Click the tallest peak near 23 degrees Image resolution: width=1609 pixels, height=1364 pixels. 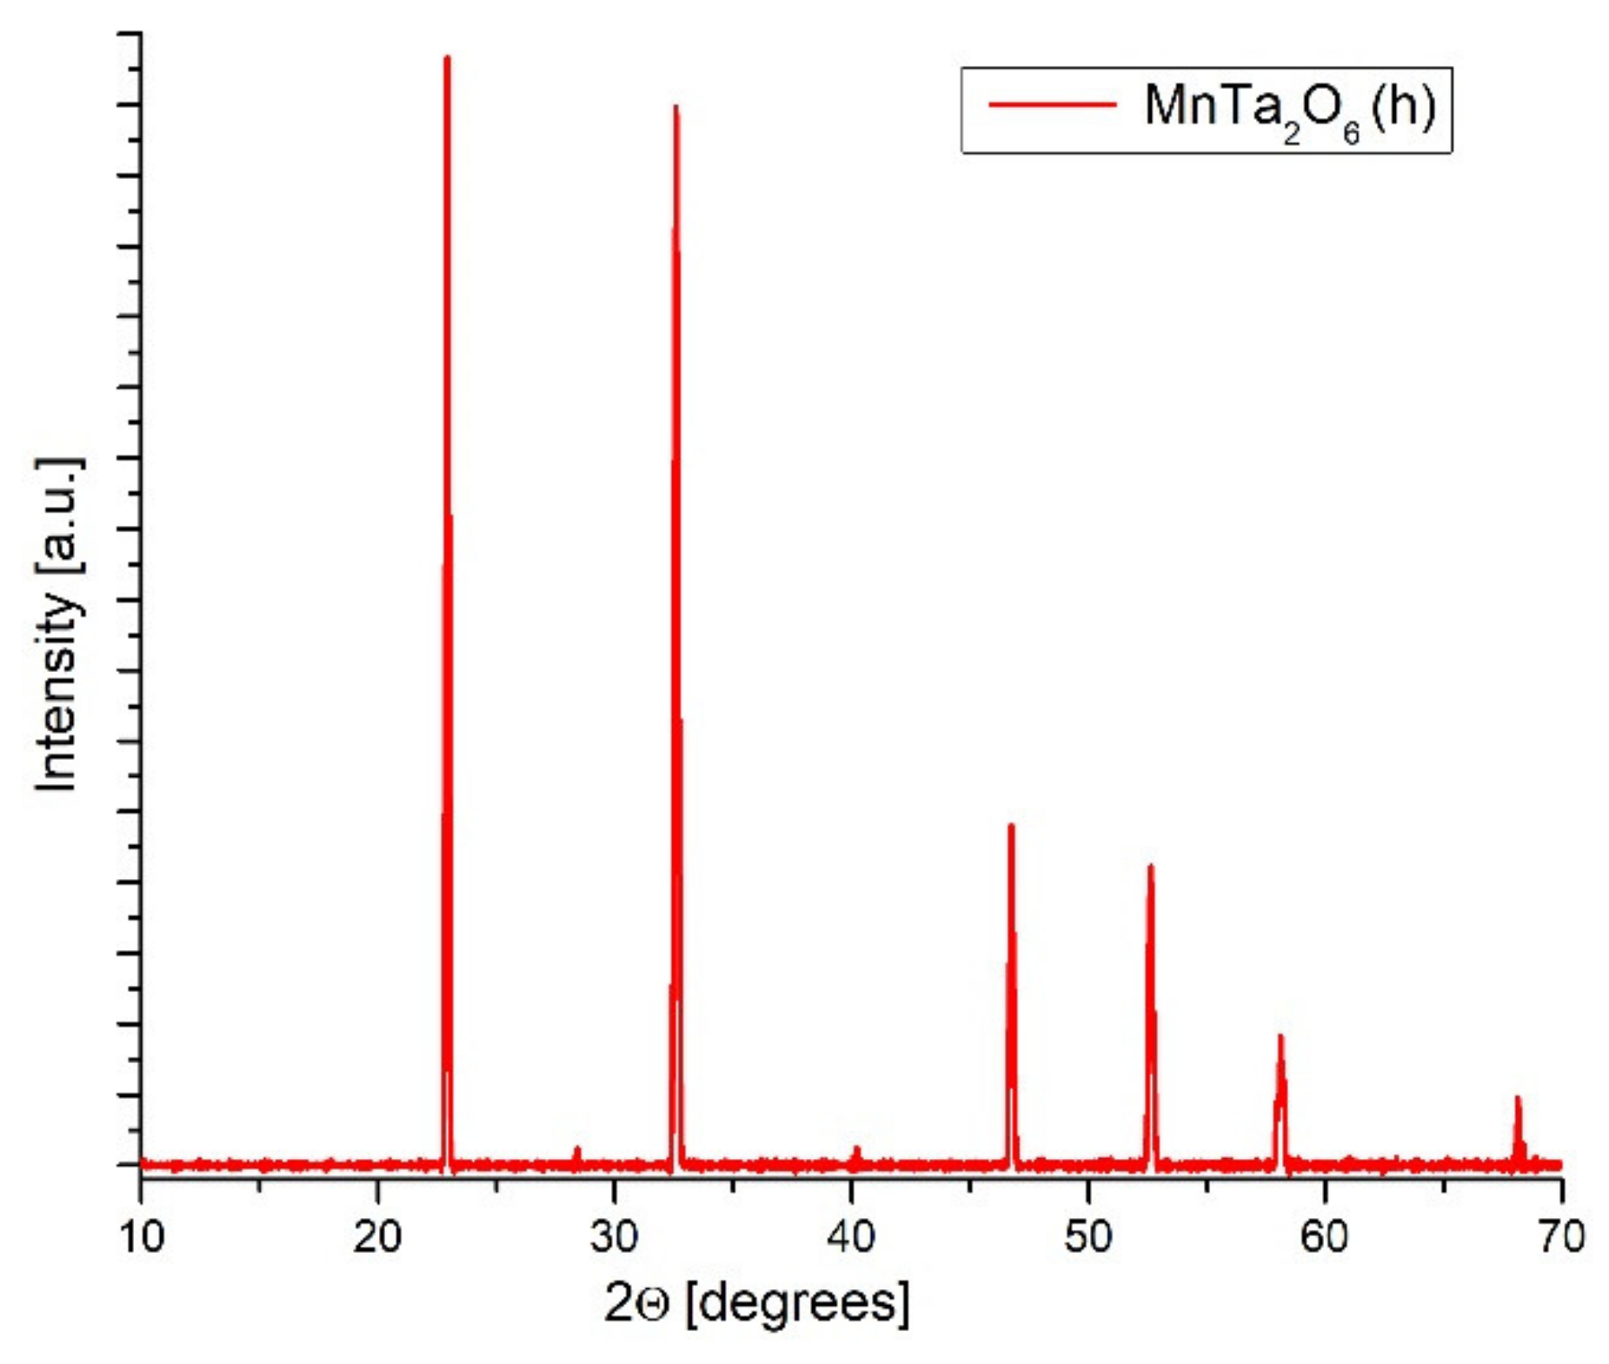447,59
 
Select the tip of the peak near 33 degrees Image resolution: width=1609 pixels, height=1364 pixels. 675,108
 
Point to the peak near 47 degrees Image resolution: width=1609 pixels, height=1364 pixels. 1010,826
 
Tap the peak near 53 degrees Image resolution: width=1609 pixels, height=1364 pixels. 1150,867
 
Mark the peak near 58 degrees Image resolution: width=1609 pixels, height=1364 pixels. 1280,1037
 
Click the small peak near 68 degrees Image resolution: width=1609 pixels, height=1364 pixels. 1517,1099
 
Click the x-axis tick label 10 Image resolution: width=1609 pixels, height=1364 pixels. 141,1237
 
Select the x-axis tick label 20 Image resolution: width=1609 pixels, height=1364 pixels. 377,1237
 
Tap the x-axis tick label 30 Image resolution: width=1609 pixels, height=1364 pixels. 614,1237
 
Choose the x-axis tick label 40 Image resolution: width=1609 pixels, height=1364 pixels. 851,1237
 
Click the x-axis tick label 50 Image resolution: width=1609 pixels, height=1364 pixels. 1087,1237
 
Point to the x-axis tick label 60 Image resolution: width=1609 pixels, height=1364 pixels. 1324,1237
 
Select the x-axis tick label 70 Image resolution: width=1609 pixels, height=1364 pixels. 1560,1237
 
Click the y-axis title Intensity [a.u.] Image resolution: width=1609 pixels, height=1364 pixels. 59,624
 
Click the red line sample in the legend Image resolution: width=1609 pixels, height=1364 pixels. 1052,105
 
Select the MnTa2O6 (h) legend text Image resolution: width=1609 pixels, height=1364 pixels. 1289,109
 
